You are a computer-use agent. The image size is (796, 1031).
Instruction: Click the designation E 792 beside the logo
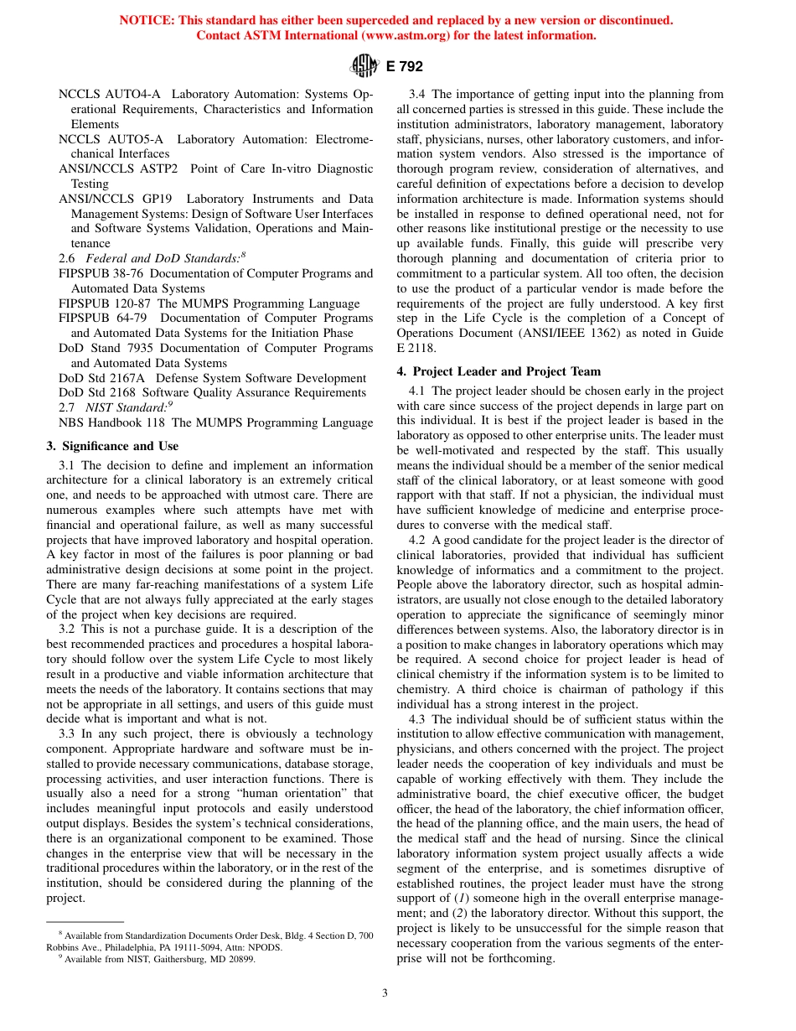pos(404,66)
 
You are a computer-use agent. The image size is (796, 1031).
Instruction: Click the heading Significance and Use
pos(118,446)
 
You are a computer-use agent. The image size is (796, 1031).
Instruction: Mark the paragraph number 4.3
pos(417,719)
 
